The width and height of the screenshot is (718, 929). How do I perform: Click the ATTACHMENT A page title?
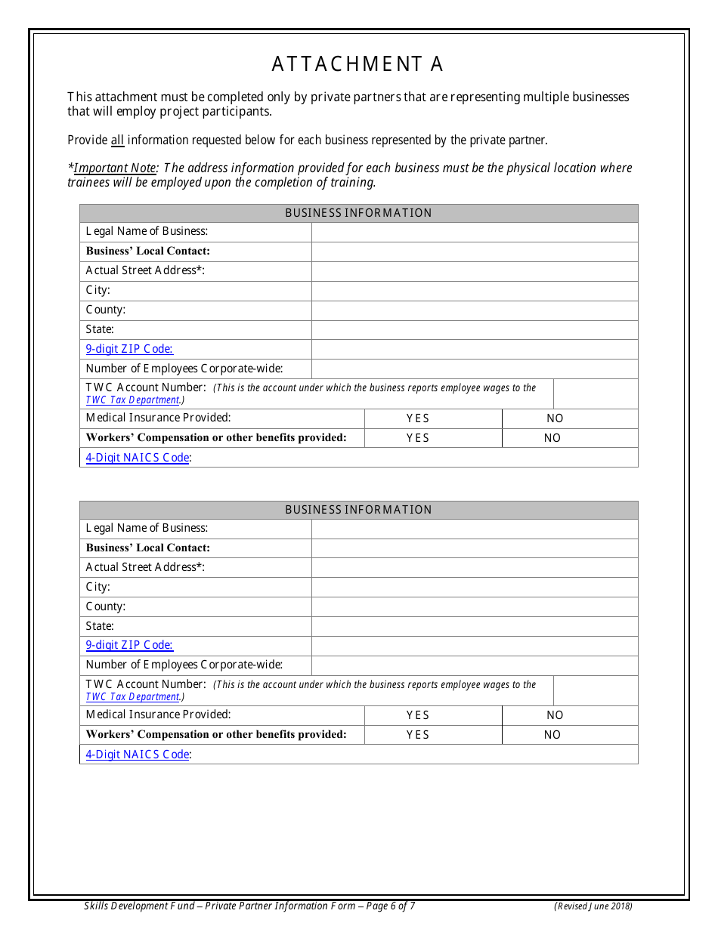[x=357, y=65]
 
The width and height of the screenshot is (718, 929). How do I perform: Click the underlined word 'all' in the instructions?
[x=117, y=140]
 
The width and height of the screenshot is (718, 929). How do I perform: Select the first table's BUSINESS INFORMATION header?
[x=358, y=213]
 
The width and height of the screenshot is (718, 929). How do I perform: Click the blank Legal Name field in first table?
[x=474, y=232]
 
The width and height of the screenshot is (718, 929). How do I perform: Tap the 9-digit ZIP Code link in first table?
[x=129, y=349]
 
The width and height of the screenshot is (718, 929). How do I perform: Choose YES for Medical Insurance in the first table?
[x=417, y=418]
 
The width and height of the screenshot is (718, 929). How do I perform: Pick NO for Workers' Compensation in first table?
[x=552, y=438]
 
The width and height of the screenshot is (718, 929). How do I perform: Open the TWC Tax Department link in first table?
[x=133, y=400]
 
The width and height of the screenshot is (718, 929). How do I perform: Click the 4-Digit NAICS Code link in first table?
[x=137, y=458]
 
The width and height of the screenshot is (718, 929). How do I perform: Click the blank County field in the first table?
[x=474, y=310]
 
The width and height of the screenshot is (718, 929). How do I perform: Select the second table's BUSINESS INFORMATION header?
[x=358, y=510]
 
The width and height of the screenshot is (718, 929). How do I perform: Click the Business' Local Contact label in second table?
[x=148, y=548]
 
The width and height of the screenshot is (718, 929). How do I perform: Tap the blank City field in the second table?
[x=474, y=587]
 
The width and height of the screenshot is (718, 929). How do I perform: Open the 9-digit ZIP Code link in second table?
[x=129, y=645]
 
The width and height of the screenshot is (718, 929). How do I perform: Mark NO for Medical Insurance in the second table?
[x=555, y=715]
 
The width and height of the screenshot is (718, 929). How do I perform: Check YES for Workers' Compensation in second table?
[x=417, y=735]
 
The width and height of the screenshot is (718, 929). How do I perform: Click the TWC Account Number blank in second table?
[x=595, y=690]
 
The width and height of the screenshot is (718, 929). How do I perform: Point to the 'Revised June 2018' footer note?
[x=593, y=906]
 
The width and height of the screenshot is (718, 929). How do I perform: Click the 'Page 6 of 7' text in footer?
[x=390, y=906]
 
